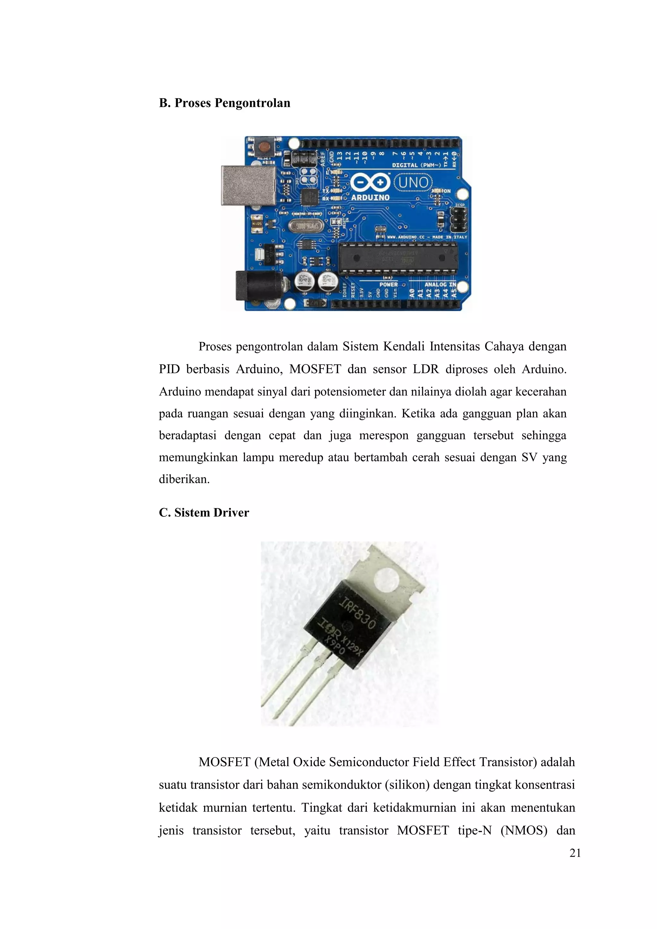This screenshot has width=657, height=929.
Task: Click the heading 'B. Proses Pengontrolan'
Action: pos(225,103)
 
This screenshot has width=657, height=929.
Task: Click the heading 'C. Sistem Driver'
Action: pos(204,513)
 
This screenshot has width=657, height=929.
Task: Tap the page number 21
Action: pos(575,853)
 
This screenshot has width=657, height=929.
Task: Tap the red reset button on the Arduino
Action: pos(264,145)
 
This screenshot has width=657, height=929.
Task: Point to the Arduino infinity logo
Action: pos(370,183)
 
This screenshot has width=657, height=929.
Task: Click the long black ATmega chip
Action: pos(398,257)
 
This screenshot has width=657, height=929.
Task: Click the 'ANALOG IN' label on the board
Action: pos(440,285)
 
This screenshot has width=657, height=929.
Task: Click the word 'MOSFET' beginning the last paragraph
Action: pos(225,762)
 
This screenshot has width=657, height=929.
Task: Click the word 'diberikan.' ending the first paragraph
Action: pos(184,480)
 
